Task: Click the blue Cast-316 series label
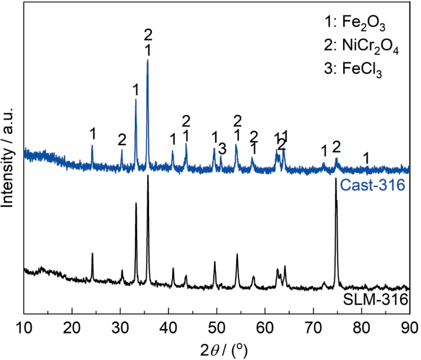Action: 373,186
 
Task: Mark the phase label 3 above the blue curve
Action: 222,148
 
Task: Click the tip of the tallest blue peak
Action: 147,60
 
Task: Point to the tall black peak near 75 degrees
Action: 336,179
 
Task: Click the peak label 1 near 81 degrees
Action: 366,158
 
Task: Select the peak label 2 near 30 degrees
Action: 122,140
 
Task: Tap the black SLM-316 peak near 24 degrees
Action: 92,254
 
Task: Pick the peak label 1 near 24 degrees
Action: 93,133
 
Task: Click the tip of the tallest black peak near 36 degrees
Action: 148,176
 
